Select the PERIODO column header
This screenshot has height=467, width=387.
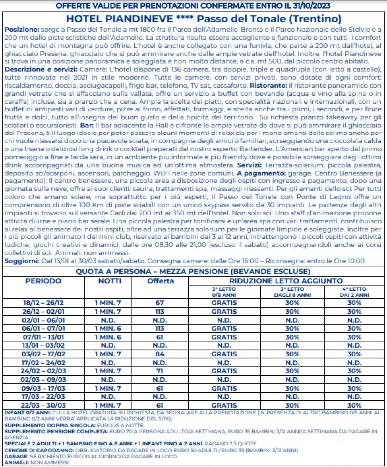[x=43, y=281]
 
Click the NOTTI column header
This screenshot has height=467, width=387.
[x=110, y=281]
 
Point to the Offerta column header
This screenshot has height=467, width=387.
[x=160, y=281]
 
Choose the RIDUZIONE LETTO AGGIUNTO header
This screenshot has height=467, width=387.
[x=286, y=281]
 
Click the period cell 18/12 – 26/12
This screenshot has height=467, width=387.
[x=43, y=303]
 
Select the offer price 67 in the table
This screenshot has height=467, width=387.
[x=160, y=303]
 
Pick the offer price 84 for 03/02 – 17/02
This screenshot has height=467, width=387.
[x=160, y=354]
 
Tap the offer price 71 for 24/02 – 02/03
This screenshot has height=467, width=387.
[x=160, y=371]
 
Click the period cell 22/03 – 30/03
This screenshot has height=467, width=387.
[x=43, y=405]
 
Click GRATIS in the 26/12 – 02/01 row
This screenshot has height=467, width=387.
[x=224, y=312]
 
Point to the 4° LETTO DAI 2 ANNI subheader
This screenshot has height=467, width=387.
[x=354, y=292]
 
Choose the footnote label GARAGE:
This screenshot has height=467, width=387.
[x=16, y=456]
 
